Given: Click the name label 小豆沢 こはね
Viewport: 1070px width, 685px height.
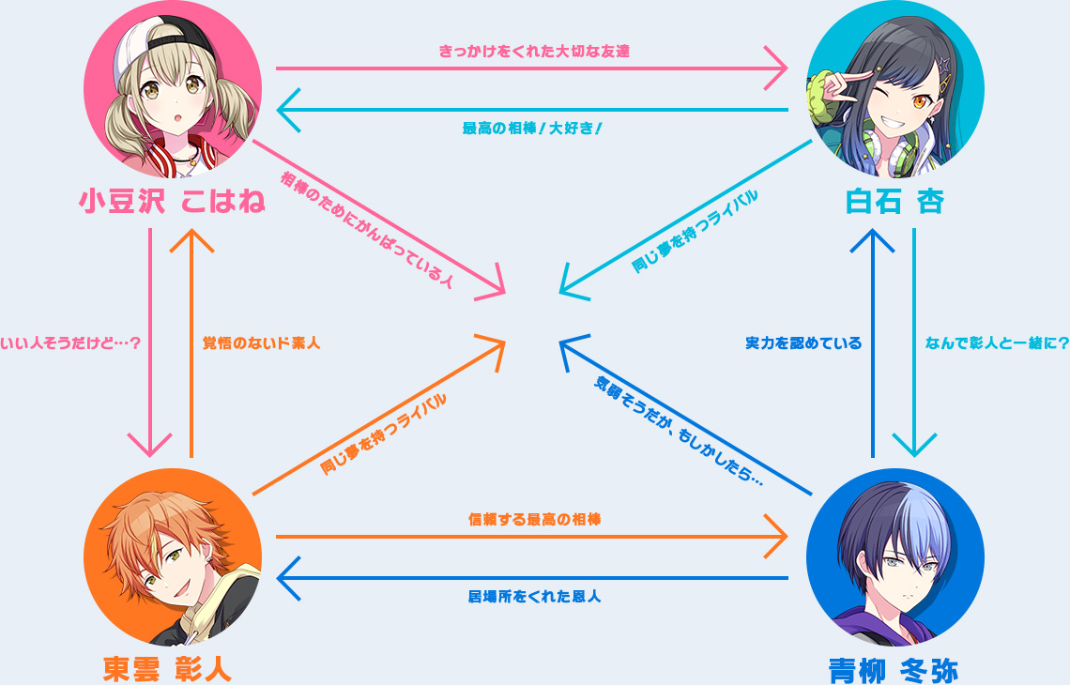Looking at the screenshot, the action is click(172, 201).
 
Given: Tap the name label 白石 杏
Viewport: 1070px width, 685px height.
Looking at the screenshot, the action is click(894, 201).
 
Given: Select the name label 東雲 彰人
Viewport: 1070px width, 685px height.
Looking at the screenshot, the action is click(167, 669).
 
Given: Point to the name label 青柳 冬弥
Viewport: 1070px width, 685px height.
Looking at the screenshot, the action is click(894, 671).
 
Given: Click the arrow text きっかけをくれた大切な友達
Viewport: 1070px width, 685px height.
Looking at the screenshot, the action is click(534, 52).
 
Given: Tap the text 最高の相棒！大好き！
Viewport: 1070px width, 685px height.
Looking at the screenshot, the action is click(532, 129).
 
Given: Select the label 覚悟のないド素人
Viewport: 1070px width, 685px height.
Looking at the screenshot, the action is click(261, 342).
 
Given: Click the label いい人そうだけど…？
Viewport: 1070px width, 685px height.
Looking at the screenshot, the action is click(70, 342).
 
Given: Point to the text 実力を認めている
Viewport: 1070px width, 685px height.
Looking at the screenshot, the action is click(803, 342).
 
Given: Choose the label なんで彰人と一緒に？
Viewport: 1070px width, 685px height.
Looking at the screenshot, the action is click(997, 342).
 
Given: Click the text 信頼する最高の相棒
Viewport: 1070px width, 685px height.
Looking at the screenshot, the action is click(534, 519).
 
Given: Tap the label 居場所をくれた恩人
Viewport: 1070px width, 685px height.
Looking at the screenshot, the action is click(534, 596).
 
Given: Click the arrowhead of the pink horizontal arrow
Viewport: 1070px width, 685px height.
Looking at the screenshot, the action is click(776, 68).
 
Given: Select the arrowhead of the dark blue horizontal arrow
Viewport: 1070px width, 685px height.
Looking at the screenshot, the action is click(288, 579).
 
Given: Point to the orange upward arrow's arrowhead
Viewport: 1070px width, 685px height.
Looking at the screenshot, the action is click(191, 240).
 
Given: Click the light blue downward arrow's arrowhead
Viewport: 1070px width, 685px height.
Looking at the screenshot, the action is click(914, 445).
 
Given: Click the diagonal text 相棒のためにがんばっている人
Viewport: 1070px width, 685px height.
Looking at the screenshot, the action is click(367, 230).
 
